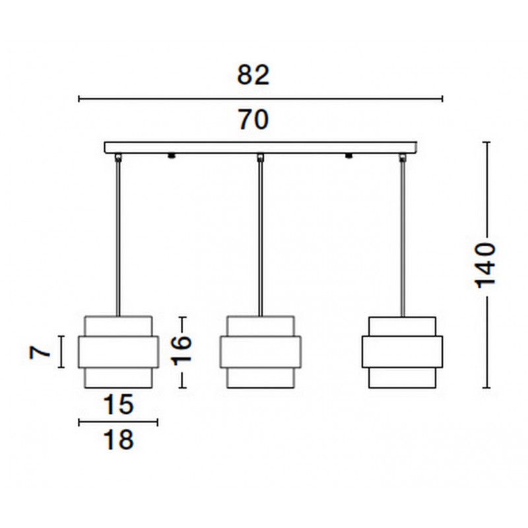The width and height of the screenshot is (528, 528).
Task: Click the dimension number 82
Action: click(x=253, y=75)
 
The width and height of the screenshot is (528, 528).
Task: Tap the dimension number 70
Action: click(x=253, y=119)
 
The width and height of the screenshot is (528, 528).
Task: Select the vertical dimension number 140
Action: click(x=485, y=265)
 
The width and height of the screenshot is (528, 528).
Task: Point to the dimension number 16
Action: click(x=182, y=350)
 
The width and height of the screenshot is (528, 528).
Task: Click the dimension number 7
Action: click(x=40, y=352)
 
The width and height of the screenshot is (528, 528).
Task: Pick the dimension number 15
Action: click(x=119, y=405)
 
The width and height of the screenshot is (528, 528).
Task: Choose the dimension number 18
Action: click(x=119, y=440)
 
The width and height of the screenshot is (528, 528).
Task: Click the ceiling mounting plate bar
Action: click(x=261, y=148)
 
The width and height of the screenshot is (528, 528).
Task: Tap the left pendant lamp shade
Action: click(x=118, y=352)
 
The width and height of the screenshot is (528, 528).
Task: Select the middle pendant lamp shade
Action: click(x=261, y=352)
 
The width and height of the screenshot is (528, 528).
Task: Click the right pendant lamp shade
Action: click(x=403, y=352)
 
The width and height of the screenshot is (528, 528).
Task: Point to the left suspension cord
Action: click(x=118, y=238)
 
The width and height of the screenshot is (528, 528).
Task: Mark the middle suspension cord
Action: click(x=261, y=238)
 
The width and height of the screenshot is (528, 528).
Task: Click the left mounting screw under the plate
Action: click(x=172, y=156)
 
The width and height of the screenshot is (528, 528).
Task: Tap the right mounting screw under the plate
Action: click(x=348, y=156)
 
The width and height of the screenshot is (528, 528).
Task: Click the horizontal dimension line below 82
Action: click(x=260, y=98)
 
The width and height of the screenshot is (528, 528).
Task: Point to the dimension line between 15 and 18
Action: click(x=118, y=422)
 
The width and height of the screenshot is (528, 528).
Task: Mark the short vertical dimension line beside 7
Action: click(x=61, y=352)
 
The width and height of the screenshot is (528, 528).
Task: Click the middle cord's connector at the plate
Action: click(x=261, y=157)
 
